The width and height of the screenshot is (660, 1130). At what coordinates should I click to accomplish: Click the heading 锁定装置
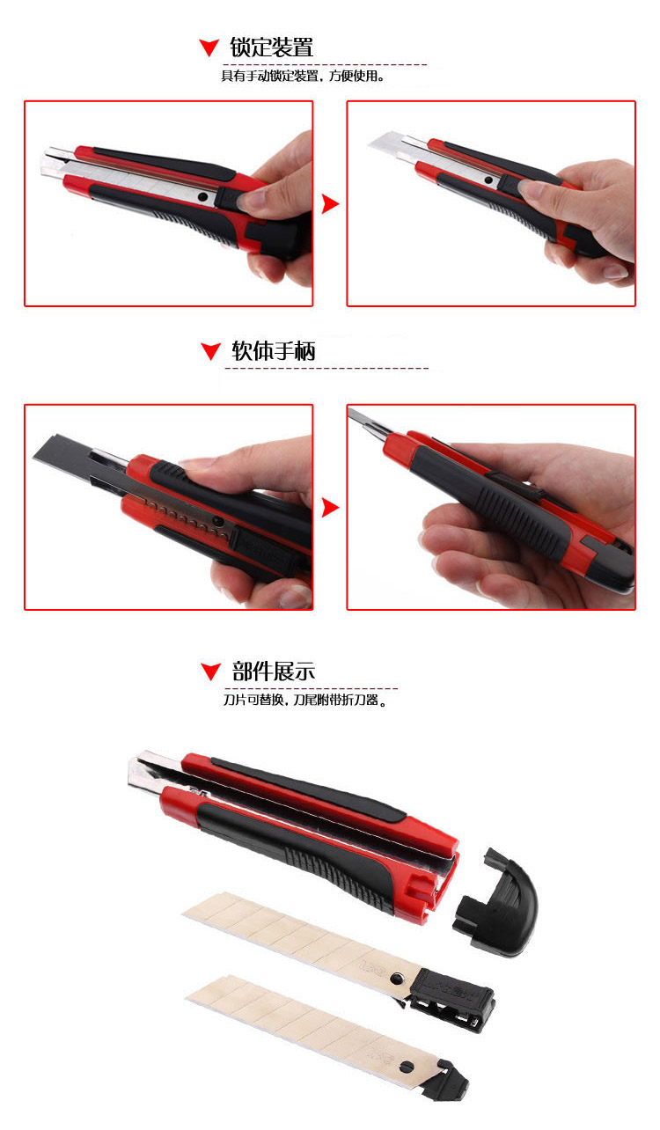[271, 48]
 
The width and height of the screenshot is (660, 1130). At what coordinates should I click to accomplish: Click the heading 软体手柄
[274, 350]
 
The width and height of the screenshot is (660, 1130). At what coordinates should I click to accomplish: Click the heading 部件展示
[274, 671]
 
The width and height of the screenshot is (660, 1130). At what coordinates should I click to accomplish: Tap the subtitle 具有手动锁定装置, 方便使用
[303, 76]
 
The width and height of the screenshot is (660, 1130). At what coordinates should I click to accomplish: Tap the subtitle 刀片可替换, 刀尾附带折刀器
[305, 700]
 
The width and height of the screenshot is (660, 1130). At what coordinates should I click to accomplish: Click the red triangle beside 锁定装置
[209, 48]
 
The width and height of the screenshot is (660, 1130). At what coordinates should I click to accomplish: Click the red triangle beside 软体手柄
[210, 351]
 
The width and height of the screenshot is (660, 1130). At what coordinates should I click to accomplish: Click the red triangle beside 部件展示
[210, 671]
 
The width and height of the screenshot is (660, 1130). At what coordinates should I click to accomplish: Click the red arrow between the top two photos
[330, 204]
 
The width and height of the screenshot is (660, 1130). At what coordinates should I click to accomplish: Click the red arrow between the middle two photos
[330, 508]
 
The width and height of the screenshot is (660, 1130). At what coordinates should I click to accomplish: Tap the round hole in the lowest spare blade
[407, 1067]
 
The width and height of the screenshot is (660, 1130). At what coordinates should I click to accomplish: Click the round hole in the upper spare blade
[396, 978]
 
